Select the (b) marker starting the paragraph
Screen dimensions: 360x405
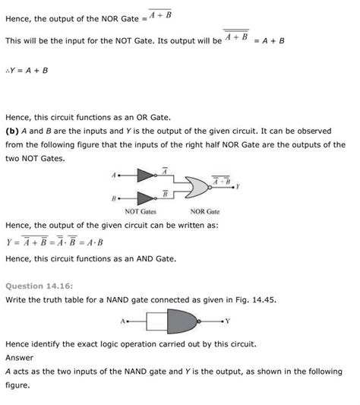click(x=11, y=131)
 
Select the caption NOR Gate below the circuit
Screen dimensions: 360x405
click(x=204, y=212)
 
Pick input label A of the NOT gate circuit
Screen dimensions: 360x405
click(x=113, y=175)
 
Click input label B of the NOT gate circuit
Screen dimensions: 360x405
click(x=113, y=199)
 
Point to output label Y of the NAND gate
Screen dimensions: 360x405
click(x=227, y=321)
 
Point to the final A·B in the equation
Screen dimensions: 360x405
click(x=93, y=243)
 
